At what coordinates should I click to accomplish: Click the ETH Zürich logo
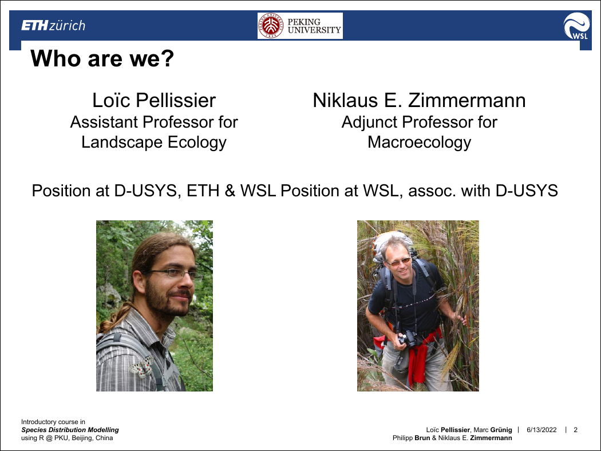(x=53, y=26)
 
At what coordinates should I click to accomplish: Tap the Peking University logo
(x=300, y=26)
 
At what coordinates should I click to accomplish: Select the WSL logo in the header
(x=576, y=26)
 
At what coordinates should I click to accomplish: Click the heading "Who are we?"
(x=102, y=58)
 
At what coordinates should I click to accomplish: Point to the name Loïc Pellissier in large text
(x=154, y=100)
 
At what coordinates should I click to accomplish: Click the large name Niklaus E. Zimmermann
(x=419, y=100)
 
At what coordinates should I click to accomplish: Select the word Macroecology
(x=420, y=143)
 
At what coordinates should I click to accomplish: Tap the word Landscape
(x=122, y=143)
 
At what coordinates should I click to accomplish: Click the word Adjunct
(x=370, y=122)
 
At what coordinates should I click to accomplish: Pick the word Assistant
(x=104, y=122)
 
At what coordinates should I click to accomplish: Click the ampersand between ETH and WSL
(x=230, y=191)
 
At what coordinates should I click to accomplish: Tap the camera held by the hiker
(x=408, y=339)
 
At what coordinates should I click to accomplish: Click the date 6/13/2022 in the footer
(x=541, y=430)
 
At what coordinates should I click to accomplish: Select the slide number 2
(x=575, y=430)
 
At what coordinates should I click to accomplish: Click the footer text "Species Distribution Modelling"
(x=70, y=430)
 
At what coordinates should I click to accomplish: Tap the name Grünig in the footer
(x=501, y=430)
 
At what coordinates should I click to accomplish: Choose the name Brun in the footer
(x=422, y=438)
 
